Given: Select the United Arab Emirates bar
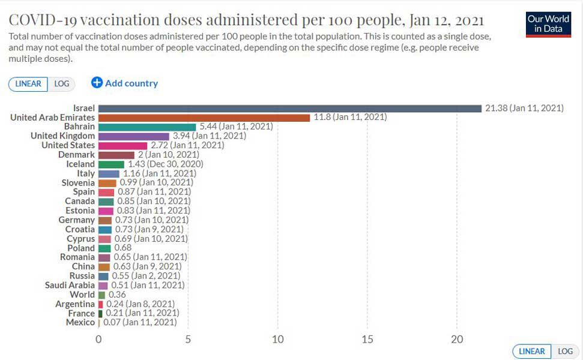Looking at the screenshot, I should [x=204, y=118].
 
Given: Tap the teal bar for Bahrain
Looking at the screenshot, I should [x=147, y=127].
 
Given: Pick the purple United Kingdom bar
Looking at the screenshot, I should [x=134, y=136].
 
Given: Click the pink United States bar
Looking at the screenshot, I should [x=122, y=145].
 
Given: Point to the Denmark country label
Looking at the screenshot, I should [x=76, y=155].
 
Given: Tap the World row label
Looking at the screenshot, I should [x=82, y=295].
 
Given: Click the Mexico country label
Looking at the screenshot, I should [x=80, y=322].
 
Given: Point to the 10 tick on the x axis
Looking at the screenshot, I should [x=277, y=339].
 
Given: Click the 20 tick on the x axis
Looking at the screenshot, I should [x=457, y=339].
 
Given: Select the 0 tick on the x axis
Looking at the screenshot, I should [x=98, y=339].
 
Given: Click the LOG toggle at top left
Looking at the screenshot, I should [x=62, y=84].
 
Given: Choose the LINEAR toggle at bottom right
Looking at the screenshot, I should [x=532, y=352].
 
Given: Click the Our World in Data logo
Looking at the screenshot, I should [x=548, y=24].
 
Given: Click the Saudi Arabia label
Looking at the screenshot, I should [x=70, y=285].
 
